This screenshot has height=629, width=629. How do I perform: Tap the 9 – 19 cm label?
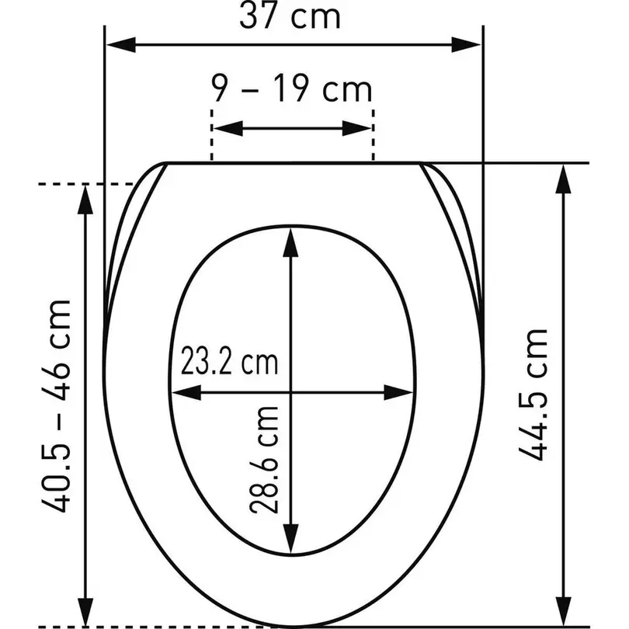[x=292, y=89]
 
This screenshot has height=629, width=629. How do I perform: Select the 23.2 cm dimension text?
[x=229, y=360]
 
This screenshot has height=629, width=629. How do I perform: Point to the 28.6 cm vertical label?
[x=263, y=460]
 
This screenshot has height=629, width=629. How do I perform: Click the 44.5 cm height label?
[x=533, y=394]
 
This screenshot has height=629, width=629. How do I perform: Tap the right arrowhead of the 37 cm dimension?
[x=466, y=44]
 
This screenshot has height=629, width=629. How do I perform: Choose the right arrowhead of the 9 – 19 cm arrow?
[x=356, y=128]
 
